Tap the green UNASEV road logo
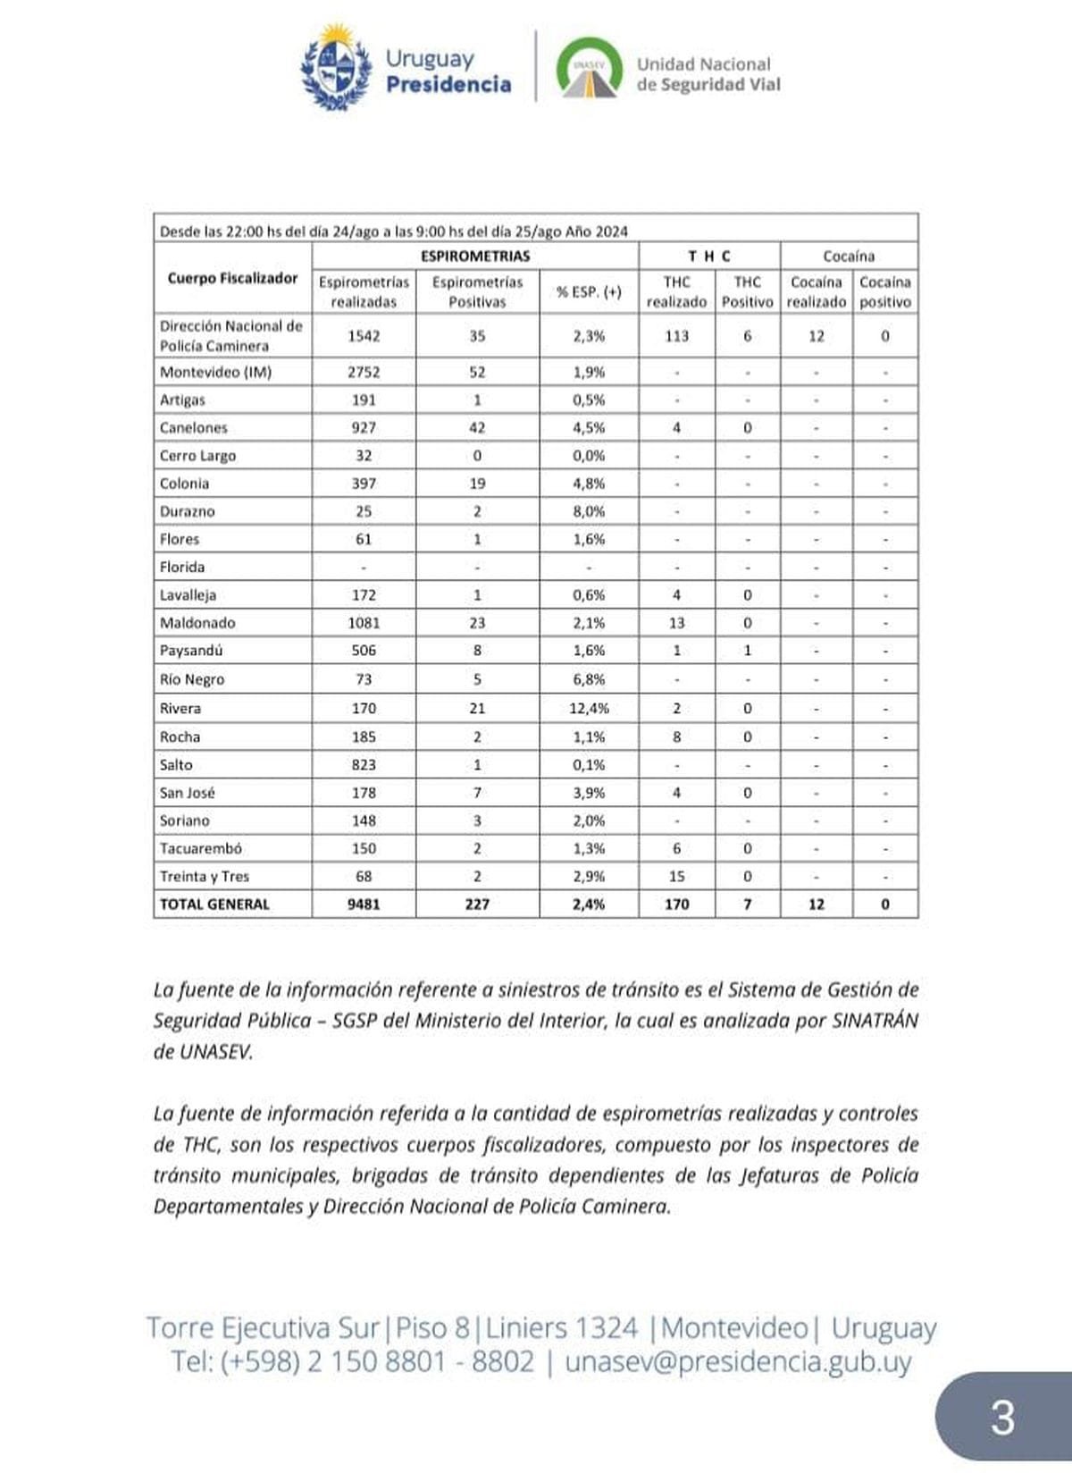(x=589, y=68)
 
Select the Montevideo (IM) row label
(x=215, y=372)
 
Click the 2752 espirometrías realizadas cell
(x=364, y=372)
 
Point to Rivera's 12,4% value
(x=590, y=708)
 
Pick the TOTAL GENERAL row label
(x=214, y=904)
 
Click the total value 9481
(x=364, y=904)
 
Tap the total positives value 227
(x=477, y=904)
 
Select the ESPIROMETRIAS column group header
(x=475, y=256)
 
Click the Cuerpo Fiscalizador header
(x=232, y=278)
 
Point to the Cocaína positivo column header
(x=885, y=291)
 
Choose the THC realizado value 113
(x=676, y=336)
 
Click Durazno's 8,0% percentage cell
(x=590, y=511)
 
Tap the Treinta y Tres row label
(x=205, y=876)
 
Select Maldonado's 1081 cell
(x=364, y=622)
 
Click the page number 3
(x=1002, y=1418)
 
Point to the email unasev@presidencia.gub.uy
(x=738, y=1362)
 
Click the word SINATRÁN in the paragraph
(x=874, y=1021)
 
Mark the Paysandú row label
(x=191, y=650)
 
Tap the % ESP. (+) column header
(x=590, y=291)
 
